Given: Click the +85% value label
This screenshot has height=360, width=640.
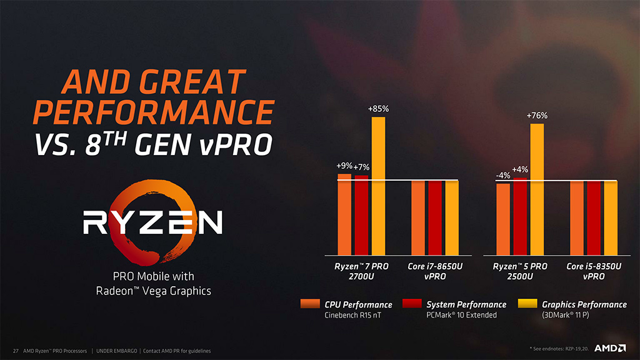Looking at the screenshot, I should click(379, 109).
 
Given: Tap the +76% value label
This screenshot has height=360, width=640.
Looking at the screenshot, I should click(537, 116).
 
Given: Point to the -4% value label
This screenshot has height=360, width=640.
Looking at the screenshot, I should click(503, 176).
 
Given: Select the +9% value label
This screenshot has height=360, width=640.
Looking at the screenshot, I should click(344, 166).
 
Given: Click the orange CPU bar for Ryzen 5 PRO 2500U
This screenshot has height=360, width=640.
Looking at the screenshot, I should click(503, 219).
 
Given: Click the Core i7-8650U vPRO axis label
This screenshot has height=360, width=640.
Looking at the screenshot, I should click(435, 271).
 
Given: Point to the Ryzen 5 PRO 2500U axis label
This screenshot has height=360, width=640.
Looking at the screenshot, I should click(520, 271).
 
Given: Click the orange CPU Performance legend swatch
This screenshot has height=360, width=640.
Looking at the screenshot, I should click(310, 304).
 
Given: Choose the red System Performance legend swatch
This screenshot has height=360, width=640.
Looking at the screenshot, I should click(412, 304).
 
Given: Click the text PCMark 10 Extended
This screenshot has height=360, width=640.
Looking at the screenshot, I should click(461, 315).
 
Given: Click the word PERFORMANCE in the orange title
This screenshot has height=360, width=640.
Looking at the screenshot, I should click(153, 112).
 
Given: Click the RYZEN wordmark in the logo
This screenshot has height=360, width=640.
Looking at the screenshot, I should click(154, 222).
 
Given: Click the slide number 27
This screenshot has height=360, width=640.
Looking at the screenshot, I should click(15, 351).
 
